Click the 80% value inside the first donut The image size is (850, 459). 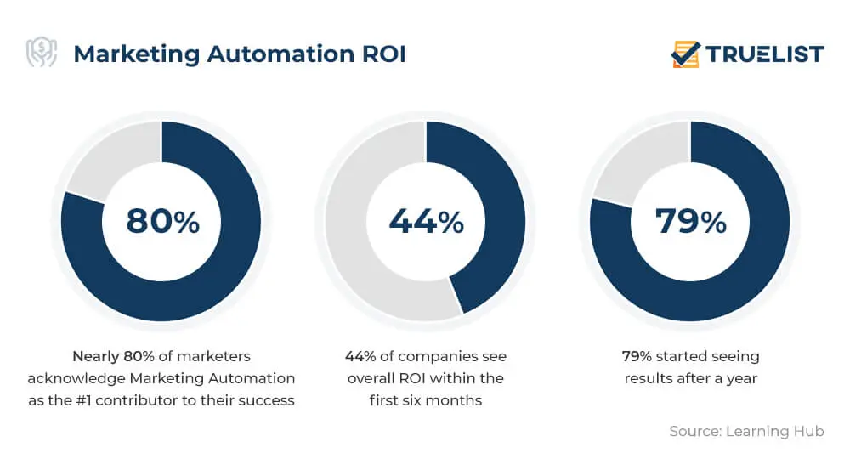click(x=162, y=221)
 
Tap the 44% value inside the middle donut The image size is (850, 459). click(x=426, y=221)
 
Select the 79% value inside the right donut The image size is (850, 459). click(x=690, y=221)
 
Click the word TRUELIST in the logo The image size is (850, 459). click(x=765, y=54)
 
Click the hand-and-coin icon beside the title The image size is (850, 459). click(x=42, y=54)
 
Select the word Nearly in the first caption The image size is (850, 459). click(x=95, y=356)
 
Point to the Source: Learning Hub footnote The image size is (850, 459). click(x=746, y=431)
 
